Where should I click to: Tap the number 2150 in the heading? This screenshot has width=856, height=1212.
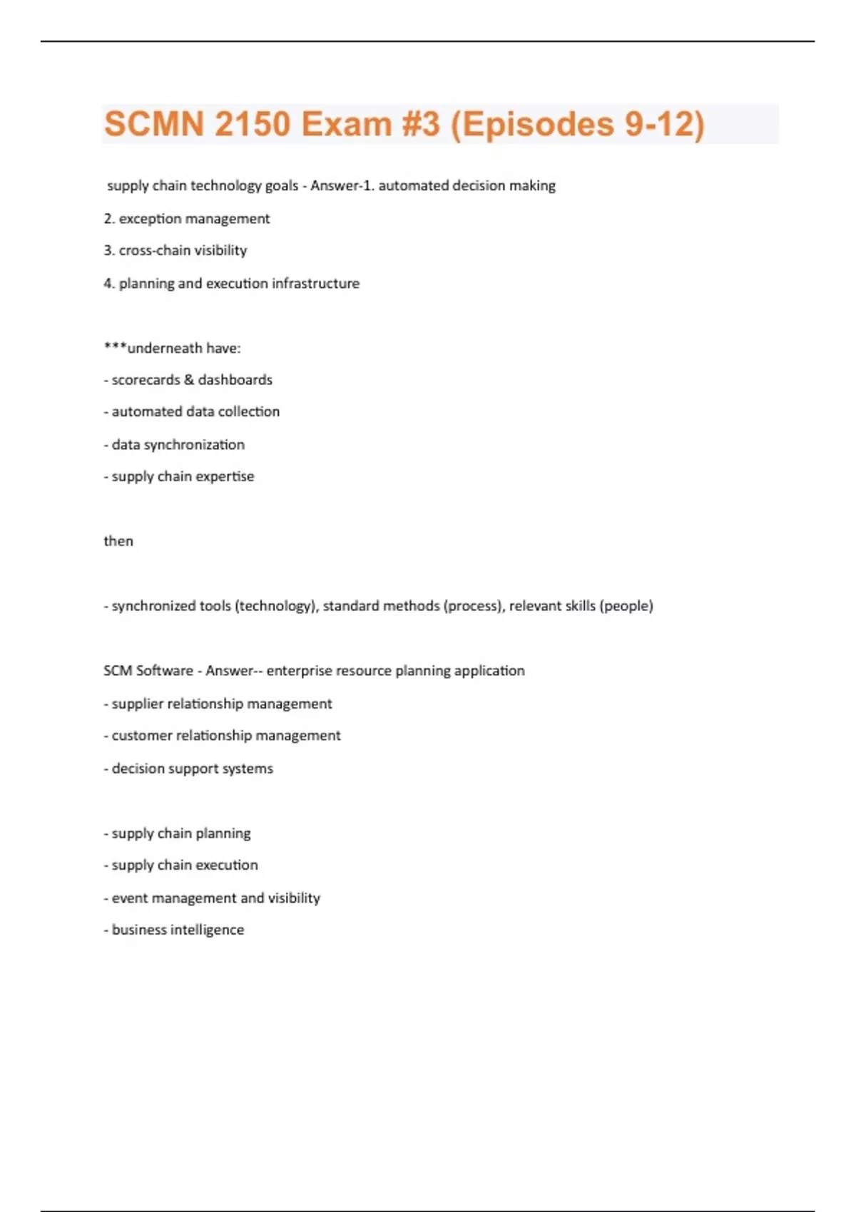pyautogui.click(x=253, y=124)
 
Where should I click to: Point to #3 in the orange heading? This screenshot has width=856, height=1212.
pyautogui.click(x=420, y=124)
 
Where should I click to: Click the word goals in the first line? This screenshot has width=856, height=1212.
pyautogui.click(x=282, y=186)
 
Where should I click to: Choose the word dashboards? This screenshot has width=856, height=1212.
pyautogui.click(x=235, y=380)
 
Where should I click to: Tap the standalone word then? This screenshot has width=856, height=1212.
pyautogui.click(x=118, y=541)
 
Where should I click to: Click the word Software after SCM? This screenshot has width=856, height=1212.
pyautogui.click(x=165, y=671)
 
